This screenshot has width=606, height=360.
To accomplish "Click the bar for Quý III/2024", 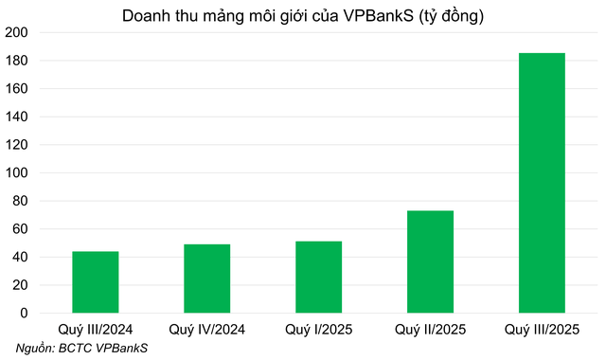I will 95,282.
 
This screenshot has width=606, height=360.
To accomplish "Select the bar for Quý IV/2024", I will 206,279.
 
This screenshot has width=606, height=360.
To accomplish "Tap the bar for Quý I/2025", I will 318,278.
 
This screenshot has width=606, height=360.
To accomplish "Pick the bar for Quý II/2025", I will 430,262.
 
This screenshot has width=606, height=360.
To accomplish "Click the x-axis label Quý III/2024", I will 95,329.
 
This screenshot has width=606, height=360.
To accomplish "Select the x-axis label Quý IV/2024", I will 206,329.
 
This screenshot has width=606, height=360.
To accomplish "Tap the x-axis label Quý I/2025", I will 318,329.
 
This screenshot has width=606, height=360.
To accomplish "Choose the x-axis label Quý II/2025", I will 430,329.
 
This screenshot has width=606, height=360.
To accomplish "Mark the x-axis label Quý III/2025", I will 542,329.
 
